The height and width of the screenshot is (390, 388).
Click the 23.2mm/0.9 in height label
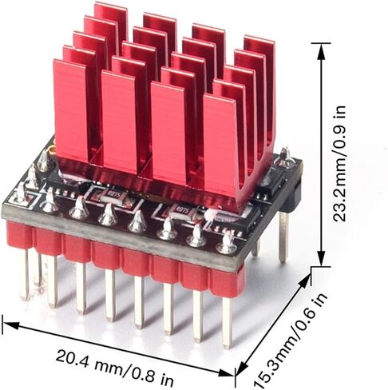point(339,163)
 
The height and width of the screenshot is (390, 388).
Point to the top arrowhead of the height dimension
point(322,51)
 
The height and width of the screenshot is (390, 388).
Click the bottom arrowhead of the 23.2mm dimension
point(322,257)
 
